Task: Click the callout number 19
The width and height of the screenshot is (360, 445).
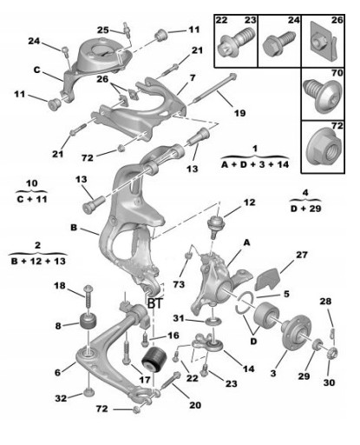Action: (239, 113)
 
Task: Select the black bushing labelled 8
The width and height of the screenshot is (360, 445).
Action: (88, 321)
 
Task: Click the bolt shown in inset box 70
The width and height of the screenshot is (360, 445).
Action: (323, 95)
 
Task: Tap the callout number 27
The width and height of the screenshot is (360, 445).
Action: (302, 255)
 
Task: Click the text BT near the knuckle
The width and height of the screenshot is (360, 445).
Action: (155, 303)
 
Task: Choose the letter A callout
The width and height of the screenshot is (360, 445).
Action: (246, 242)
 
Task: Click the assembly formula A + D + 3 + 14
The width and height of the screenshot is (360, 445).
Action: (255, 164)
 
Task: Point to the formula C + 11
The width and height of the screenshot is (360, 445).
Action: (32, 199)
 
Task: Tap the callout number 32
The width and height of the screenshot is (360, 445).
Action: (61, 398)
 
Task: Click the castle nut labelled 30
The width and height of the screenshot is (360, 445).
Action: (332, 352)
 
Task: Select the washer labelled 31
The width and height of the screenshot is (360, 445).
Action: (213, 322)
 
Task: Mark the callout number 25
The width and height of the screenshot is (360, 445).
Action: (103, 30)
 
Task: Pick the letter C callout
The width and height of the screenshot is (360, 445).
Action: (36, 70)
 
